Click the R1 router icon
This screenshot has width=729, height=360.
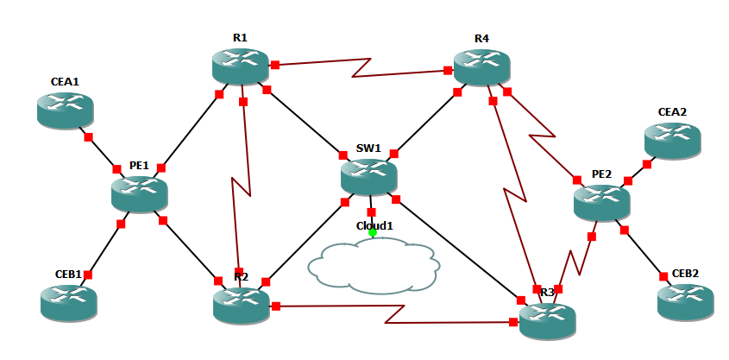click(x=240, y=66)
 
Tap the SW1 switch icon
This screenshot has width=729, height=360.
click(x=368, y=175)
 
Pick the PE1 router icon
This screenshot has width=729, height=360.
click(x=139, y=193)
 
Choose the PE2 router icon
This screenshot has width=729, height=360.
click(x=601, y=202)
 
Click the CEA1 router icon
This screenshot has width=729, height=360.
click(x=65, y=110)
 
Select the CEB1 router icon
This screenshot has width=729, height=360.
click(x=69, y=302)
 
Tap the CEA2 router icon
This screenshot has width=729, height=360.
click(x=672, y=140)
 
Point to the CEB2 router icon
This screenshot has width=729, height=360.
click(x=685, y=301)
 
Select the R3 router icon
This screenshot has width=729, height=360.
click(x=547, y=319)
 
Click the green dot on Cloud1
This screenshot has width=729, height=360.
click(x=373, y=231)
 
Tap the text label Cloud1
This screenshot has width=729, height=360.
click(x=374, y=225)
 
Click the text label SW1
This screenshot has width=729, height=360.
click(x=368, y=148)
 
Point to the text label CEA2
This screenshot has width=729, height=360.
click(x=672, y=112)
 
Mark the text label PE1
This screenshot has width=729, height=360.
click(x=139, y=165)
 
